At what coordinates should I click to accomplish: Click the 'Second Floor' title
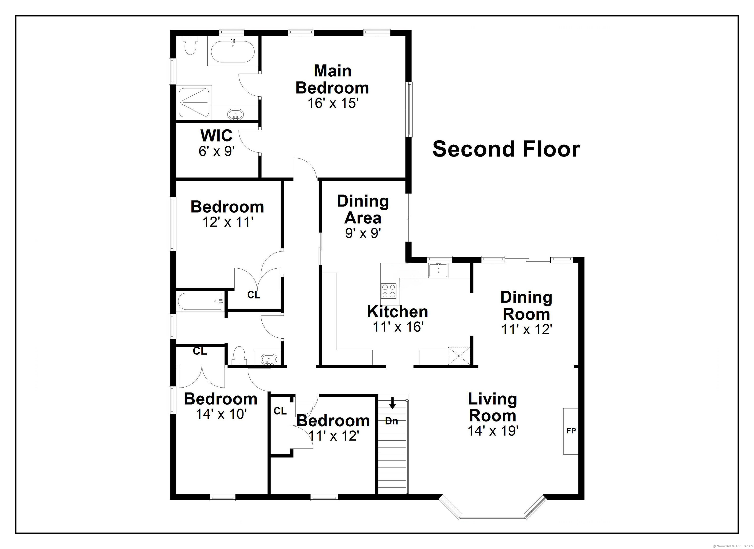(506, 149)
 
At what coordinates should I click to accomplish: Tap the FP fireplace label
(571, 431)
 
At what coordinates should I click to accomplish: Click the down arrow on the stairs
(393, 403)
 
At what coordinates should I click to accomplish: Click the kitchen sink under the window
(438, 270)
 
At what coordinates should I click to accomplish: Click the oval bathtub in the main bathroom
(233, 51)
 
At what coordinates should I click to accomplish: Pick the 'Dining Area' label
(363, 209)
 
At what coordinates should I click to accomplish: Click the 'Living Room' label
(492, 407)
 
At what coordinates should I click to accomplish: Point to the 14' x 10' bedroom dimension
(221, 414)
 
